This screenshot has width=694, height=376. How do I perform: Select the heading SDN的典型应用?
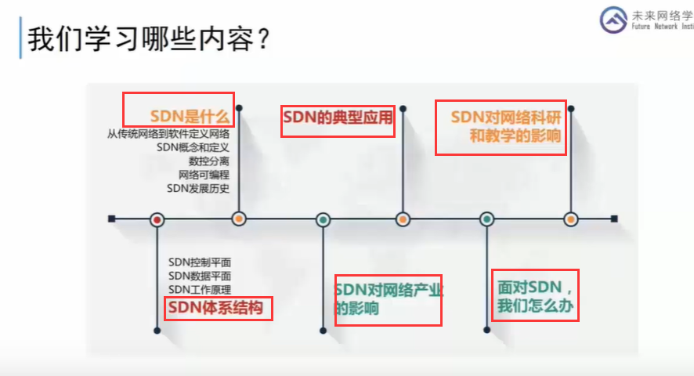click(x=337, y=121)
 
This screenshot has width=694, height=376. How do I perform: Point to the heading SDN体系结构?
click(x=218, y=308)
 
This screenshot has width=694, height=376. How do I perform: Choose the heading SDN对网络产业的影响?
click(x=388, y=299)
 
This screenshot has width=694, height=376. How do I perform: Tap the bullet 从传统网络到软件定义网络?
click(x=168, y=134)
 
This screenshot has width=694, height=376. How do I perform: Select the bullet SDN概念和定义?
click(x=193, y=147)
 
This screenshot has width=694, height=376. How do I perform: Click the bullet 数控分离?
click(x=208, y=161)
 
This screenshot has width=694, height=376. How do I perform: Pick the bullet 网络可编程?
click(x=204, y=175)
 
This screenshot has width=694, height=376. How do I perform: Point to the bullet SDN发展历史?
click(x=198, y=188)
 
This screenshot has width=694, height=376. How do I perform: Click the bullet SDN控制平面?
click(x=200, y=262)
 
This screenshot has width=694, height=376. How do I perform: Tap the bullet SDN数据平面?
click(x=200, y=276)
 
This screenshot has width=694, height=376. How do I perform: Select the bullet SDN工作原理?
click(x=200, y=290)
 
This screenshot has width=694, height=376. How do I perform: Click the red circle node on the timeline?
click(x=157, y=219)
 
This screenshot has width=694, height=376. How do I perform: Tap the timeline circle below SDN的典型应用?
click(x=403, y=219)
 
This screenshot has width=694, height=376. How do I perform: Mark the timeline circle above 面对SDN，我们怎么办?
click(x=486, y=219)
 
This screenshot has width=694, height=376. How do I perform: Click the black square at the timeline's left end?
click(x=112, y=219)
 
